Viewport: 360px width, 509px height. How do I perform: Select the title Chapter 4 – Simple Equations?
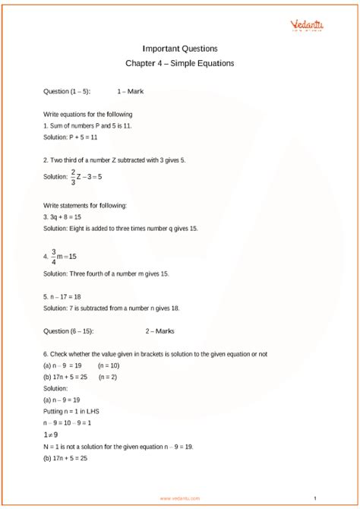tap(180, 63)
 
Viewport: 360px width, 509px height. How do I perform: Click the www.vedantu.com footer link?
tap(180, 498)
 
